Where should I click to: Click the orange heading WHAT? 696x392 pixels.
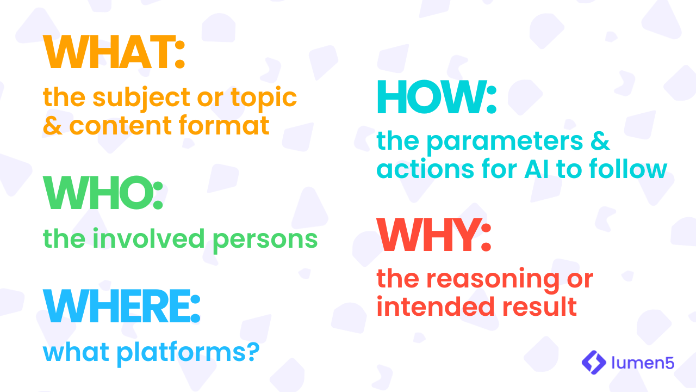pyautogui.click(x=114, y=52)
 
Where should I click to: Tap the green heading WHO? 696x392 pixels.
pyautogui.click(x=103, y=193)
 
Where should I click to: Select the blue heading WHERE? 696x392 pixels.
pyautogui.click(x=121, y=306)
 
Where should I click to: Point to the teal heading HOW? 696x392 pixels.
pyautogui.click(x=437, y=97)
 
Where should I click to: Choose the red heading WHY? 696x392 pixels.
pyautogui.click(x=434, y=234)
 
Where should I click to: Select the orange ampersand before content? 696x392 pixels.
pyautogui.click(x=53, y=125)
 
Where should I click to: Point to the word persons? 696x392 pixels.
pyautogui.click(x=265, y=241)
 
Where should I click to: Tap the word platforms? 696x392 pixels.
pyautogui.click(x=188, y=353)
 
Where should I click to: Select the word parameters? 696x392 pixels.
pyautogui.click(x=505, y=143)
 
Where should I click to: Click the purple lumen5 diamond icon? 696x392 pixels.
pyautogui.click(x=594, y=362)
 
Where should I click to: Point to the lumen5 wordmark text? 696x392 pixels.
pyautogui.click(x=643, y=363)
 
